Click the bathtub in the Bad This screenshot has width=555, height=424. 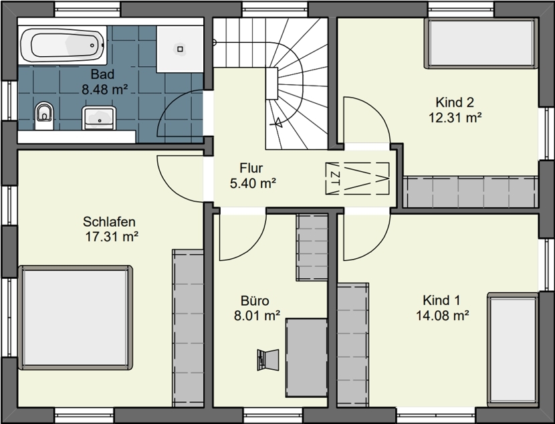(62, 45)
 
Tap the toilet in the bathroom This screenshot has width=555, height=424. (44, 115)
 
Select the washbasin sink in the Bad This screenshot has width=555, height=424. (99, 118)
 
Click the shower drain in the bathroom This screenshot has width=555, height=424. (180, 49)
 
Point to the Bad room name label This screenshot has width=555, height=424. (103, 74)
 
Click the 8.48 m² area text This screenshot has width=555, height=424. (105, 90)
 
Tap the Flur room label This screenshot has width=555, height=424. (251, 168)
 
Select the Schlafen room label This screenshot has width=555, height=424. (109, 221)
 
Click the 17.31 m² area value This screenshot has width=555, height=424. (112, 237)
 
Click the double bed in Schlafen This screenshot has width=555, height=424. (76, 318)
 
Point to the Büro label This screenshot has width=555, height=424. (255, 300)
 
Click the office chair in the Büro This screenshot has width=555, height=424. (268, 360)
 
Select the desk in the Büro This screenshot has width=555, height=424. (306, 358)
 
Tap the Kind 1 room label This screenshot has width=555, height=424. (441, 300)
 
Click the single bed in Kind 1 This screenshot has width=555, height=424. (513, 350)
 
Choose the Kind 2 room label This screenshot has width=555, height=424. (455, 102)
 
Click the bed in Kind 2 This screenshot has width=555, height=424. (480, 43)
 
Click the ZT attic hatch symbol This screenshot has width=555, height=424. (357, 179)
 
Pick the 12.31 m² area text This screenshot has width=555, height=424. (455, 117)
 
